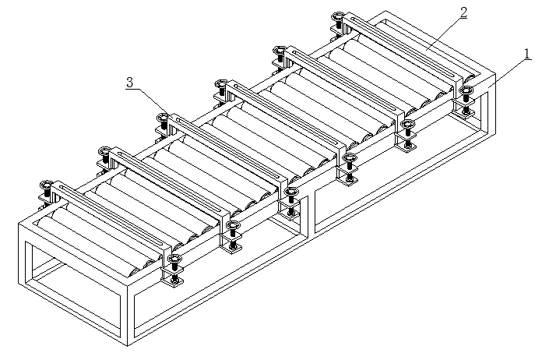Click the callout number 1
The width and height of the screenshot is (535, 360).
(x=527, y=54)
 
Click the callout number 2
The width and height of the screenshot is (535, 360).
(x=464, y=12)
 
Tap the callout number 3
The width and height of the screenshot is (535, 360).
(x=129, y=81)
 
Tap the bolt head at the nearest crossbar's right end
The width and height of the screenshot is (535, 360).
(x=175, y=259)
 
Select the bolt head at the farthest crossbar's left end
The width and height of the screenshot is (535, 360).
(x=338, y=16)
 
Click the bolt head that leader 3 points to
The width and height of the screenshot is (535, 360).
(x=163, y=118)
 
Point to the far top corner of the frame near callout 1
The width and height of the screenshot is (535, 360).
(x=495, y=76)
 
